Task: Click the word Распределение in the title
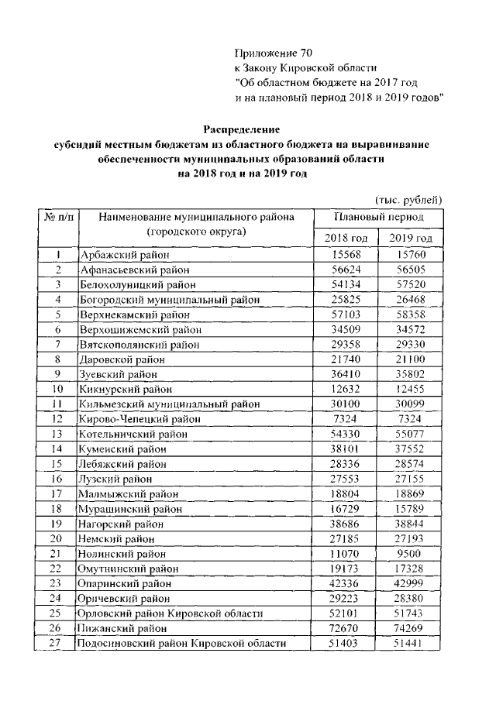click(x=241, y=129)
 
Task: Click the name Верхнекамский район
click(x=133, y=314)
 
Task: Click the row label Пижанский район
click(x=122, y=628)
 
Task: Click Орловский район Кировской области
click(x=170, y=613)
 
